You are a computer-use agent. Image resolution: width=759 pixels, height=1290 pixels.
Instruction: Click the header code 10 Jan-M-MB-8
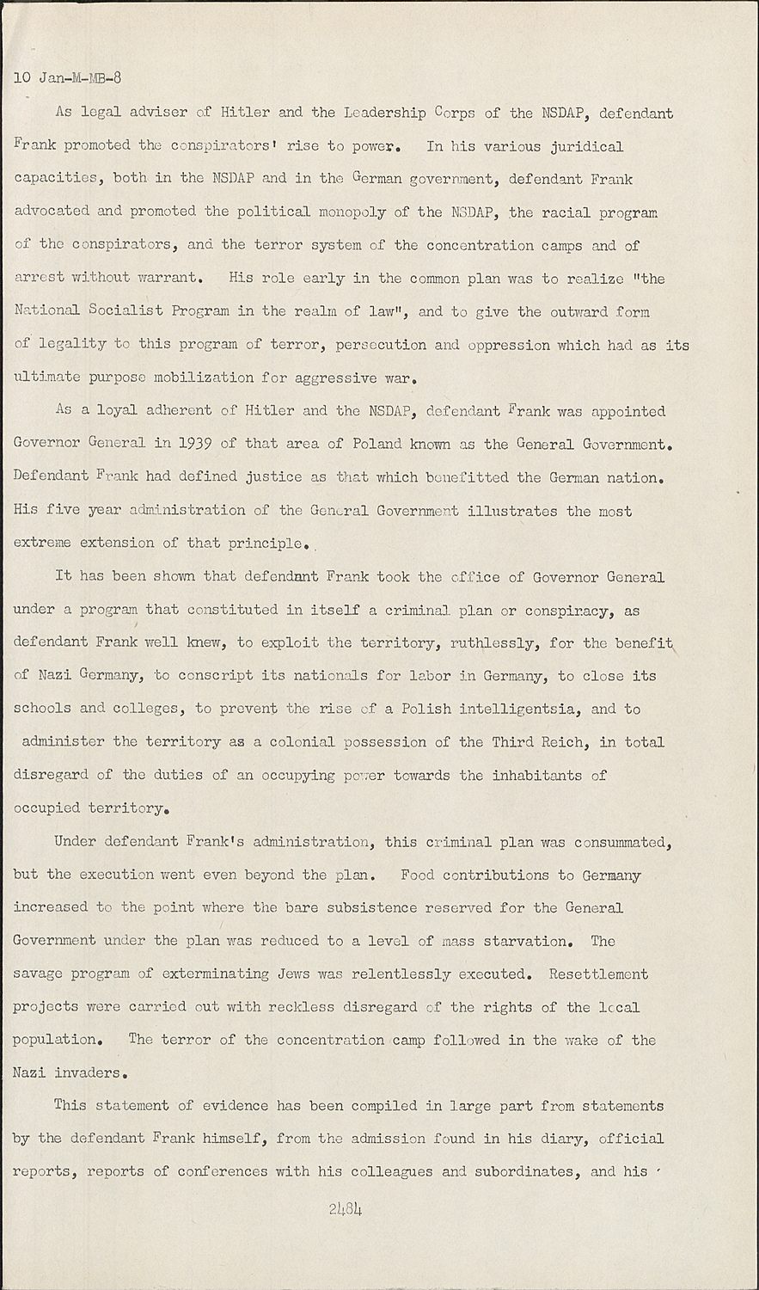point(68,78)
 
